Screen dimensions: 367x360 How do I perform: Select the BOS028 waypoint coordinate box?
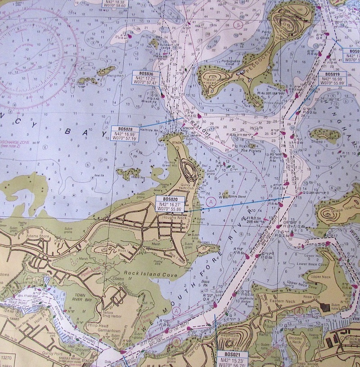126,133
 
